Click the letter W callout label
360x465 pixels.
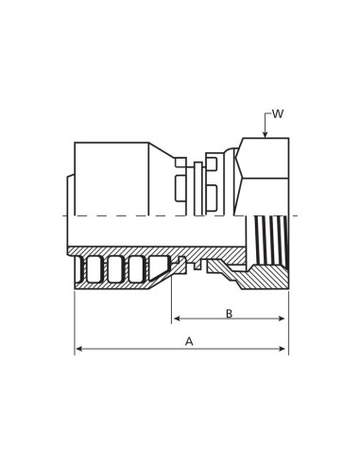click(x=278, y=113)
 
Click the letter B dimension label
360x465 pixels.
click(x=230, y=314)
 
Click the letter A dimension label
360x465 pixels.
click(x=189, y=341)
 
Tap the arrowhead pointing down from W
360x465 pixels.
click(x=266, y=134)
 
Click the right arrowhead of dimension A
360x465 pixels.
click(x=283, y=349)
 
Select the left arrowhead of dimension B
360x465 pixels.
click(x=177, y=319)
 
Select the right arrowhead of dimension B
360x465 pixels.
click(x=282, y=319)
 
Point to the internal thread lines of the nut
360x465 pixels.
click(x=271, y=239)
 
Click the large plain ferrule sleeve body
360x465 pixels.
click(x=111, y=179)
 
